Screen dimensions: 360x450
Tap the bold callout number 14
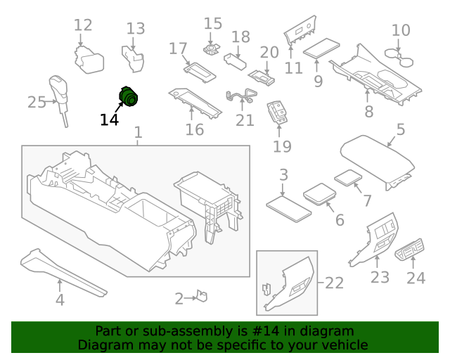click(109, 120)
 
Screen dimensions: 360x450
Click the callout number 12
click(83, 25)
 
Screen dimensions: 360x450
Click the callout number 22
click(334, 283)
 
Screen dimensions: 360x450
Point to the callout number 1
click(138, 132)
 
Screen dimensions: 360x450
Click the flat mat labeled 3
click(289, 207)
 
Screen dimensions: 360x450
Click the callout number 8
click(368, 112)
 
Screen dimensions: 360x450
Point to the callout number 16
click(194, 129)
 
